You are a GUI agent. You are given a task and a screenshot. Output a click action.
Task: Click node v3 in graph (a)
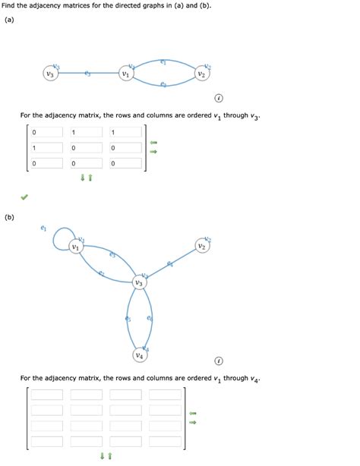coord(50,74)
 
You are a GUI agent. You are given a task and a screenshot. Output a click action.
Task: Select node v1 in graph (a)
coord(125,74)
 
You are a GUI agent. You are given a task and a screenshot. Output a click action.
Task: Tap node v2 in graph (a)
coord(201,74)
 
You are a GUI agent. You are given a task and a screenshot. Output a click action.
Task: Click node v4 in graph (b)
coord(139,354)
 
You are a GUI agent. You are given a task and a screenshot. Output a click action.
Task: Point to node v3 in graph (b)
coord(139,282)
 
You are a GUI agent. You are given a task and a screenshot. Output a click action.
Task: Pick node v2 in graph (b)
coord(201,247)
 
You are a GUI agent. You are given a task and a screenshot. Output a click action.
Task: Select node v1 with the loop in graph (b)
coord(75,247)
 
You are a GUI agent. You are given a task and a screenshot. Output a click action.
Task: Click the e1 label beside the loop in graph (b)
coord(43,227)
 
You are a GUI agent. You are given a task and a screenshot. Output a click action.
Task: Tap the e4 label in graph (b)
coord(170,263)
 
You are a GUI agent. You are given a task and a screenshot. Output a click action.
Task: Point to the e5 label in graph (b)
coord(128,319)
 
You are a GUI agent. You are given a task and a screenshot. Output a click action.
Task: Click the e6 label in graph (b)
coord(149,319)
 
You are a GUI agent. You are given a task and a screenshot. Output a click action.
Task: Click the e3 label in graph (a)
coord(88,74)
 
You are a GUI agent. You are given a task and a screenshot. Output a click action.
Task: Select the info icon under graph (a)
coord(219,98)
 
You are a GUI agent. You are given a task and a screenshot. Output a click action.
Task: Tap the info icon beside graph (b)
coord(219,360)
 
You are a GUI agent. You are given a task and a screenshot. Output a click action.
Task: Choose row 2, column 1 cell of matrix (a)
coord(48,148)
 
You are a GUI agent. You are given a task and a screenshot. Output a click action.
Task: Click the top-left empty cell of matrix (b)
coord(48,395)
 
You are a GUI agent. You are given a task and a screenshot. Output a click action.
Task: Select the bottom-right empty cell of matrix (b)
coord(164,440)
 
